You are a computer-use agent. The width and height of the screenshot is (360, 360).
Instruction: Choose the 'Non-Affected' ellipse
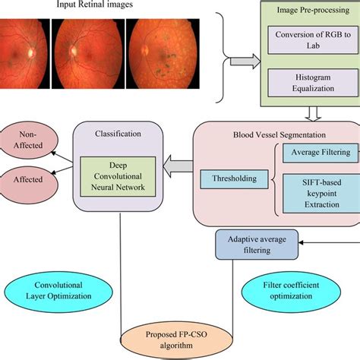tap(26, 141)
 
